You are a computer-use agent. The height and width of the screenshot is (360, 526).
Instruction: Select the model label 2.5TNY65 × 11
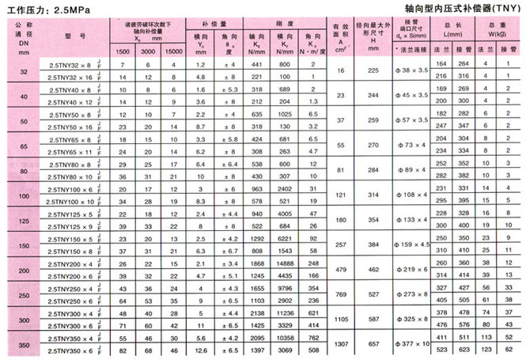point(74,151)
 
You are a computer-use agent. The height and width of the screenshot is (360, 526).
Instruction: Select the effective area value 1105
point(341,318)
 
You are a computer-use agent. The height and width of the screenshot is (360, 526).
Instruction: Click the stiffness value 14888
point(286,263)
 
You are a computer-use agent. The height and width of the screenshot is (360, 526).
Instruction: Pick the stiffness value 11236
point(286,312)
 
